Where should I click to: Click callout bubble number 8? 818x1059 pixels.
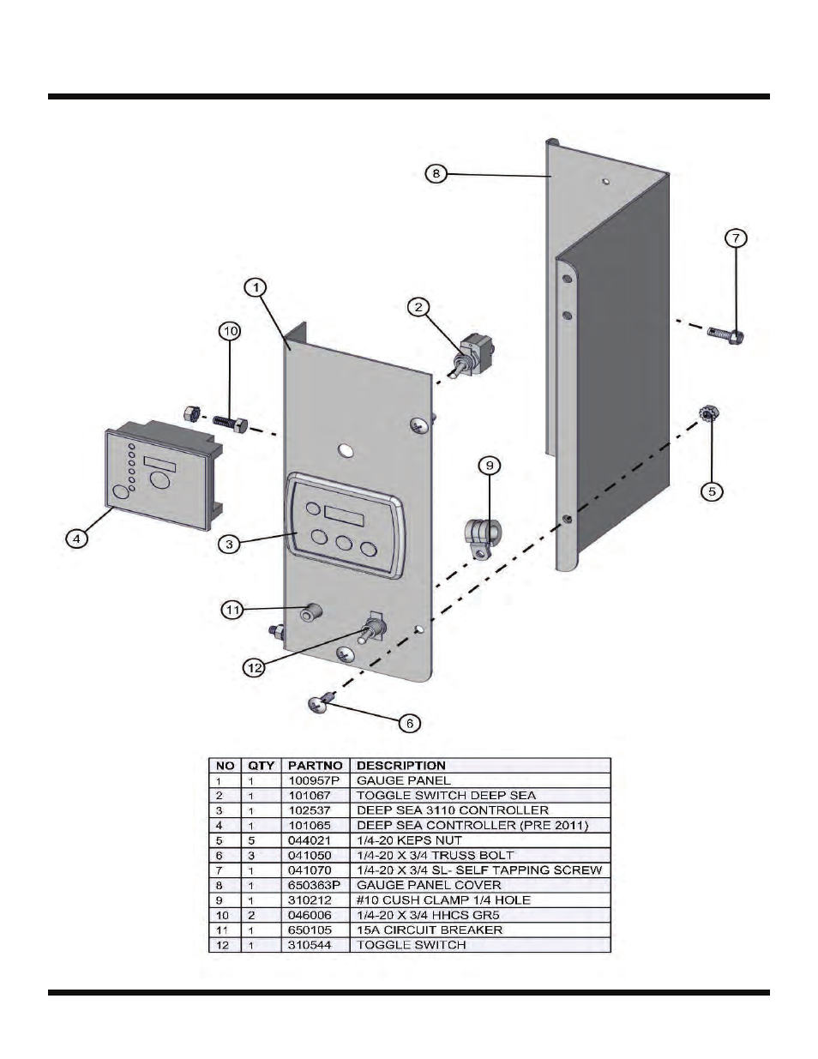point(436,173)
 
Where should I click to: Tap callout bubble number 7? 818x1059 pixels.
point(736,238)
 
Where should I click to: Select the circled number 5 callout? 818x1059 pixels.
point(713,491)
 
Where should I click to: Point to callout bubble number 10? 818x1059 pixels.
point(230,330)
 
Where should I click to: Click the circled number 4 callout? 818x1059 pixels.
point(77,539)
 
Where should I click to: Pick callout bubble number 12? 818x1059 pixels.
point(254,668)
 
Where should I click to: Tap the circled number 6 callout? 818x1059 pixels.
point(410,724)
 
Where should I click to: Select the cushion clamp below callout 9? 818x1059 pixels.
point(479,537)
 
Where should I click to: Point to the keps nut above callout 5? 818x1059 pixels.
point(709,414)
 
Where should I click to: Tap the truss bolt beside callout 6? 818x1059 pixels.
point(318,703)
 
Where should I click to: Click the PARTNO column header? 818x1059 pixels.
point(315,765)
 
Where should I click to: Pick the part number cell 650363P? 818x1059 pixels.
point(312,885)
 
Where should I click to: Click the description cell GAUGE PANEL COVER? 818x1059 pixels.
point(429,885)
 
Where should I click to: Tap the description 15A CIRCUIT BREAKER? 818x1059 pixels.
point(430,930)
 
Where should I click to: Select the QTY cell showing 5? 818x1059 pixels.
point(251,840)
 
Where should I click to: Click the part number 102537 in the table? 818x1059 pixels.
point(310,810)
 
